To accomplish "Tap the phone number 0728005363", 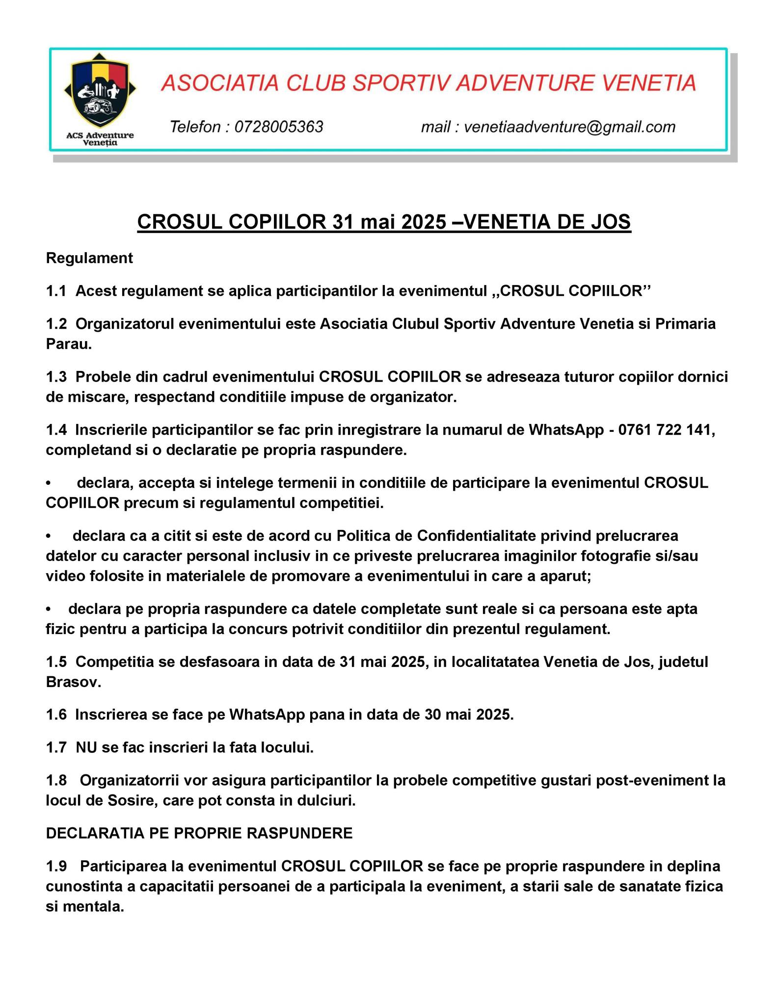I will click(x=278, y=127).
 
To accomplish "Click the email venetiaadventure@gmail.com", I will click(x=569, y=127).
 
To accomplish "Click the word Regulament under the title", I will click(x=89, y=258).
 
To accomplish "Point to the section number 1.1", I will click(x=56, y=291).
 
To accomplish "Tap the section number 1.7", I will click(x=56, y=747).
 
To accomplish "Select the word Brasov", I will click(x=73, y=682).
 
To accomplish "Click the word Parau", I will click(x=69, y=344).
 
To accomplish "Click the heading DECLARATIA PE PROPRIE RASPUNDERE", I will click(x=199, y=833).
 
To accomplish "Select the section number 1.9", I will click(x=56, y=866).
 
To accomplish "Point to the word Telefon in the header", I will click(x=195, y=127).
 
